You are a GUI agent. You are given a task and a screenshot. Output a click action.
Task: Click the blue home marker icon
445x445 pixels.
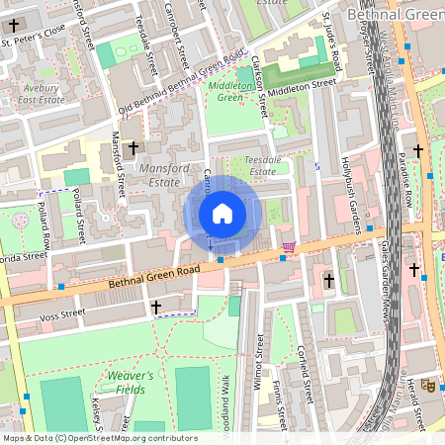(222, 214)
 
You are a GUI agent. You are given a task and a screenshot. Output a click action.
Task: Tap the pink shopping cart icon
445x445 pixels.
(289, 246)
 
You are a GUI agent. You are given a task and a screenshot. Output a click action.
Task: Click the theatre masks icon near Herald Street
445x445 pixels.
(427, 384)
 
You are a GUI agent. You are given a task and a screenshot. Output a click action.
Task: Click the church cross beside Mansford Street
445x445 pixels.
(132, 146)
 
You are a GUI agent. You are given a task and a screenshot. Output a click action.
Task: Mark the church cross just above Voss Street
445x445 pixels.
(155, 308)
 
